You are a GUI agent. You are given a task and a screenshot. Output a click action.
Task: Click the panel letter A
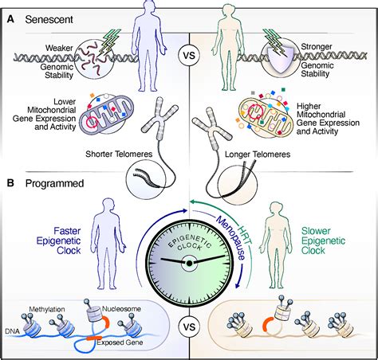point(10,16)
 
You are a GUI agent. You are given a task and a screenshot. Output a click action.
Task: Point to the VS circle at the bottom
point(190,327)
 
